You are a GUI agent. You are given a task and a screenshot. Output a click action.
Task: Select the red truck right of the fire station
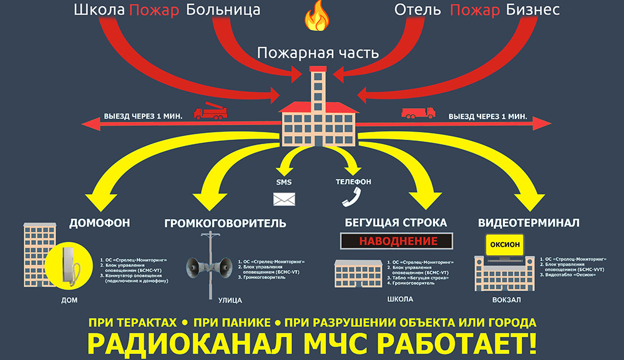(417, 112)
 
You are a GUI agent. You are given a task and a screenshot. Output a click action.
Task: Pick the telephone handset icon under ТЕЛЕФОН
(350, 197)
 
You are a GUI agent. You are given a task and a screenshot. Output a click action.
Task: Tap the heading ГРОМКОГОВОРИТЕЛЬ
(226, 223)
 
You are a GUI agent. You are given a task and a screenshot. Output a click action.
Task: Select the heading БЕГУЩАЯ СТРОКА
(396, 222)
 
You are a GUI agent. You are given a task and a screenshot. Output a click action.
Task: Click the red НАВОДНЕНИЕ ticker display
(397, 241)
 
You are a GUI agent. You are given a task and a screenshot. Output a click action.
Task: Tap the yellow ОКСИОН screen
(505, 245)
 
